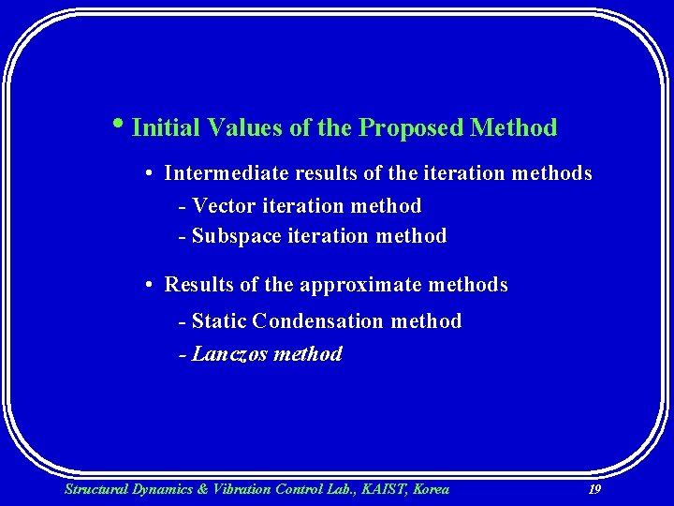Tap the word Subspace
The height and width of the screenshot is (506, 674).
[x=236, y=236]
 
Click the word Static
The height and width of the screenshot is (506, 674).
[x=219, y=321]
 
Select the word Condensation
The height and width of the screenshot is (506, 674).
[x=318, y=321]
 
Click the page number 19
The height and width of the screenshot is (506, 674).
[x=593, y=489]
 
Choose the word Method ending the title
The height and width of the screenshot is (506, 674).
[x=514, y=127]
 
